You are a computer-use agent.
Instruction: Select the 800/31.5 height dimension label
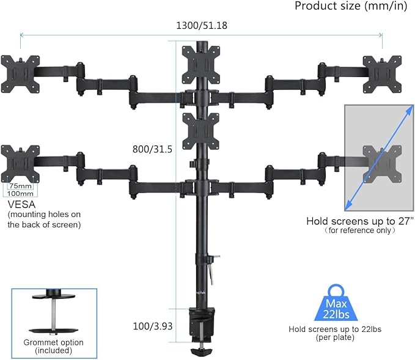click(153, 149)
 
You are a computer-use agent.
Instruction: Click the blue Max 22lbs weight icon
click(331, 302)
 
